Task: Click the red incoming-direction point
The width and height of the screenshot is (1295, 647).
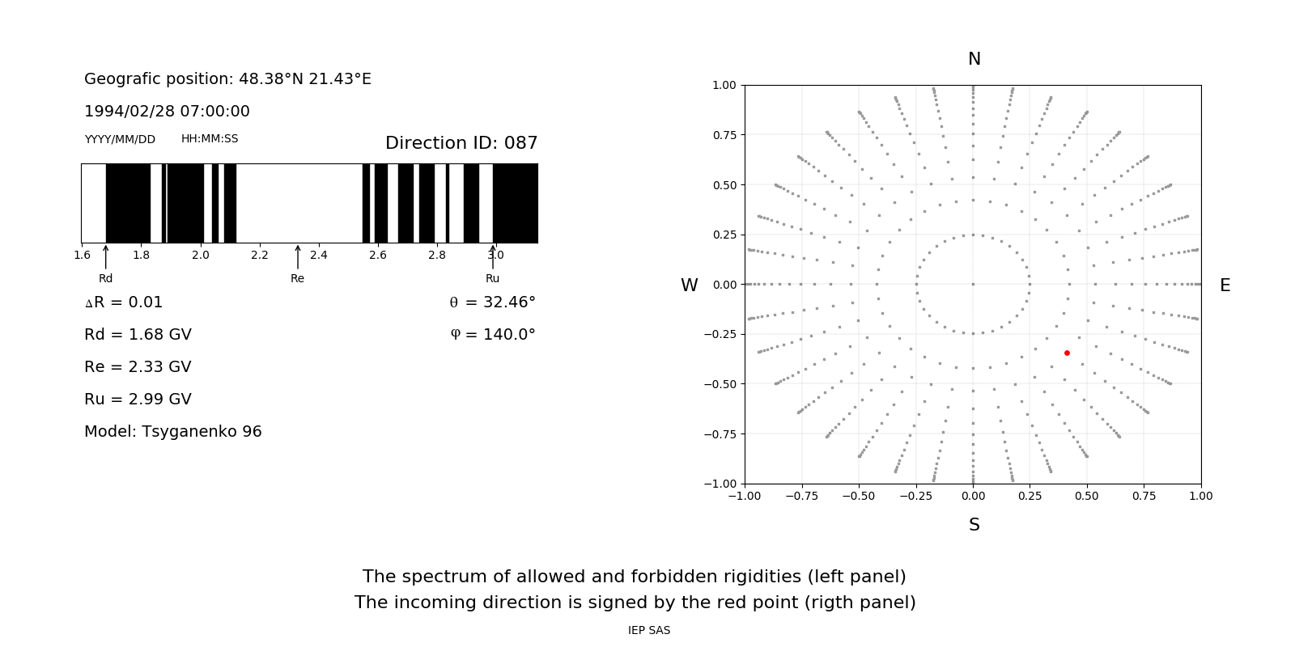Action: [1067, 353]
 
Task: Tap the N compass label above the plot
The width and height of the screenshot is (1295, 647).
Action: [974, 59]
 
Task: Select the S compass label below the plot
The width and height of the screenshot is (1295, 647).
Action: [974, 525]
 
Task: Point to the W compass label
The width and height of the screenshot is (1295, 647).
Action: [689, 285]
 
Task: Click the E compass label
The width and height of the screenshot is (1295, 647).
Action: [1225, 285]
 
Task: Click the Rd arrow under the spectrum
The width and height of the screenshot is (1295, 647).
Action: [106, 256]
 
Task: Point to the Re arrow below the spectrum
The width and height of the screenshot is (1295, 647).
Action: [298, 256]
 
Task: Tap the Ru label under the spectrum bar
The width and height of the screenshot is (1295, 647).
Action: [492, 278]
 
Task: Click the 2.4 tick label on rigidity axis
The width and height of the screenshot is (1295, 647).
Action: [318, 255]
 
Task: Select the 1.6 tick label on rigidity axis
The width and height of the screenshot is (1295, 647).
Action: [82, 255]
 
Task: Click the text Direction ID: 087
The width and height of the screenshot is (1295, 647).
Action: [461, 143]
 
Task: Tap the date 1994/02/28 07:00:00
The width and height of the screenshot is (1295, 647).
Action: [167, 111]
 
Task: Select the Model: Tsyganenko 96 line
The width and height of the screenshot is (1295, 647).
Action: [173, 431]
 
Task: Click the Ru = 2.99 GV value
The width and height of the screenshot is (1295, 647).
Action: [138, 399]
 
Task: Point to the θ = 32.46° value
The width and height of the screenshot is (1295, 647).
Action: [492, 302]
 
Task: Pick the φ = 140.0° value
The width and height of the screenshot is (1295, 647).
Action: [493, 334]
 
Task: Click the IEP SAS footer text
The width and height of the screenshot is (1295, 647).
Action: [648, 630]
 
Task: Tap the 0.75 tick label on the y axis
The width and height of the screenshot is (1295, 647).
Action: [724, 135]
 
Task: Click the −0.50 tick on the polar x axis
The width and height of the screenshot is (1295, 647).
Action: [859, 496]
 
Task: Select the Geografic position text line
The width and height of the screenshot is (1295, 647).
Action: [227, 78]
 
